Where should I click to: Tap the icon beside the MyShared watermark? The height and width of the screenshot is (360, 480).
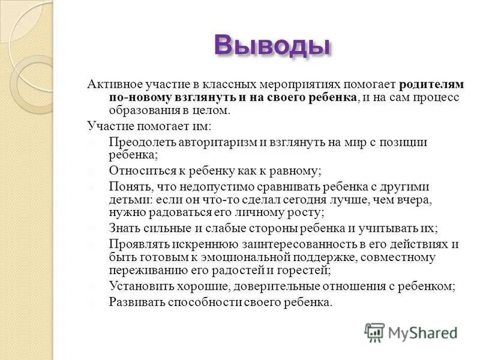(x=374, y=332)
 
